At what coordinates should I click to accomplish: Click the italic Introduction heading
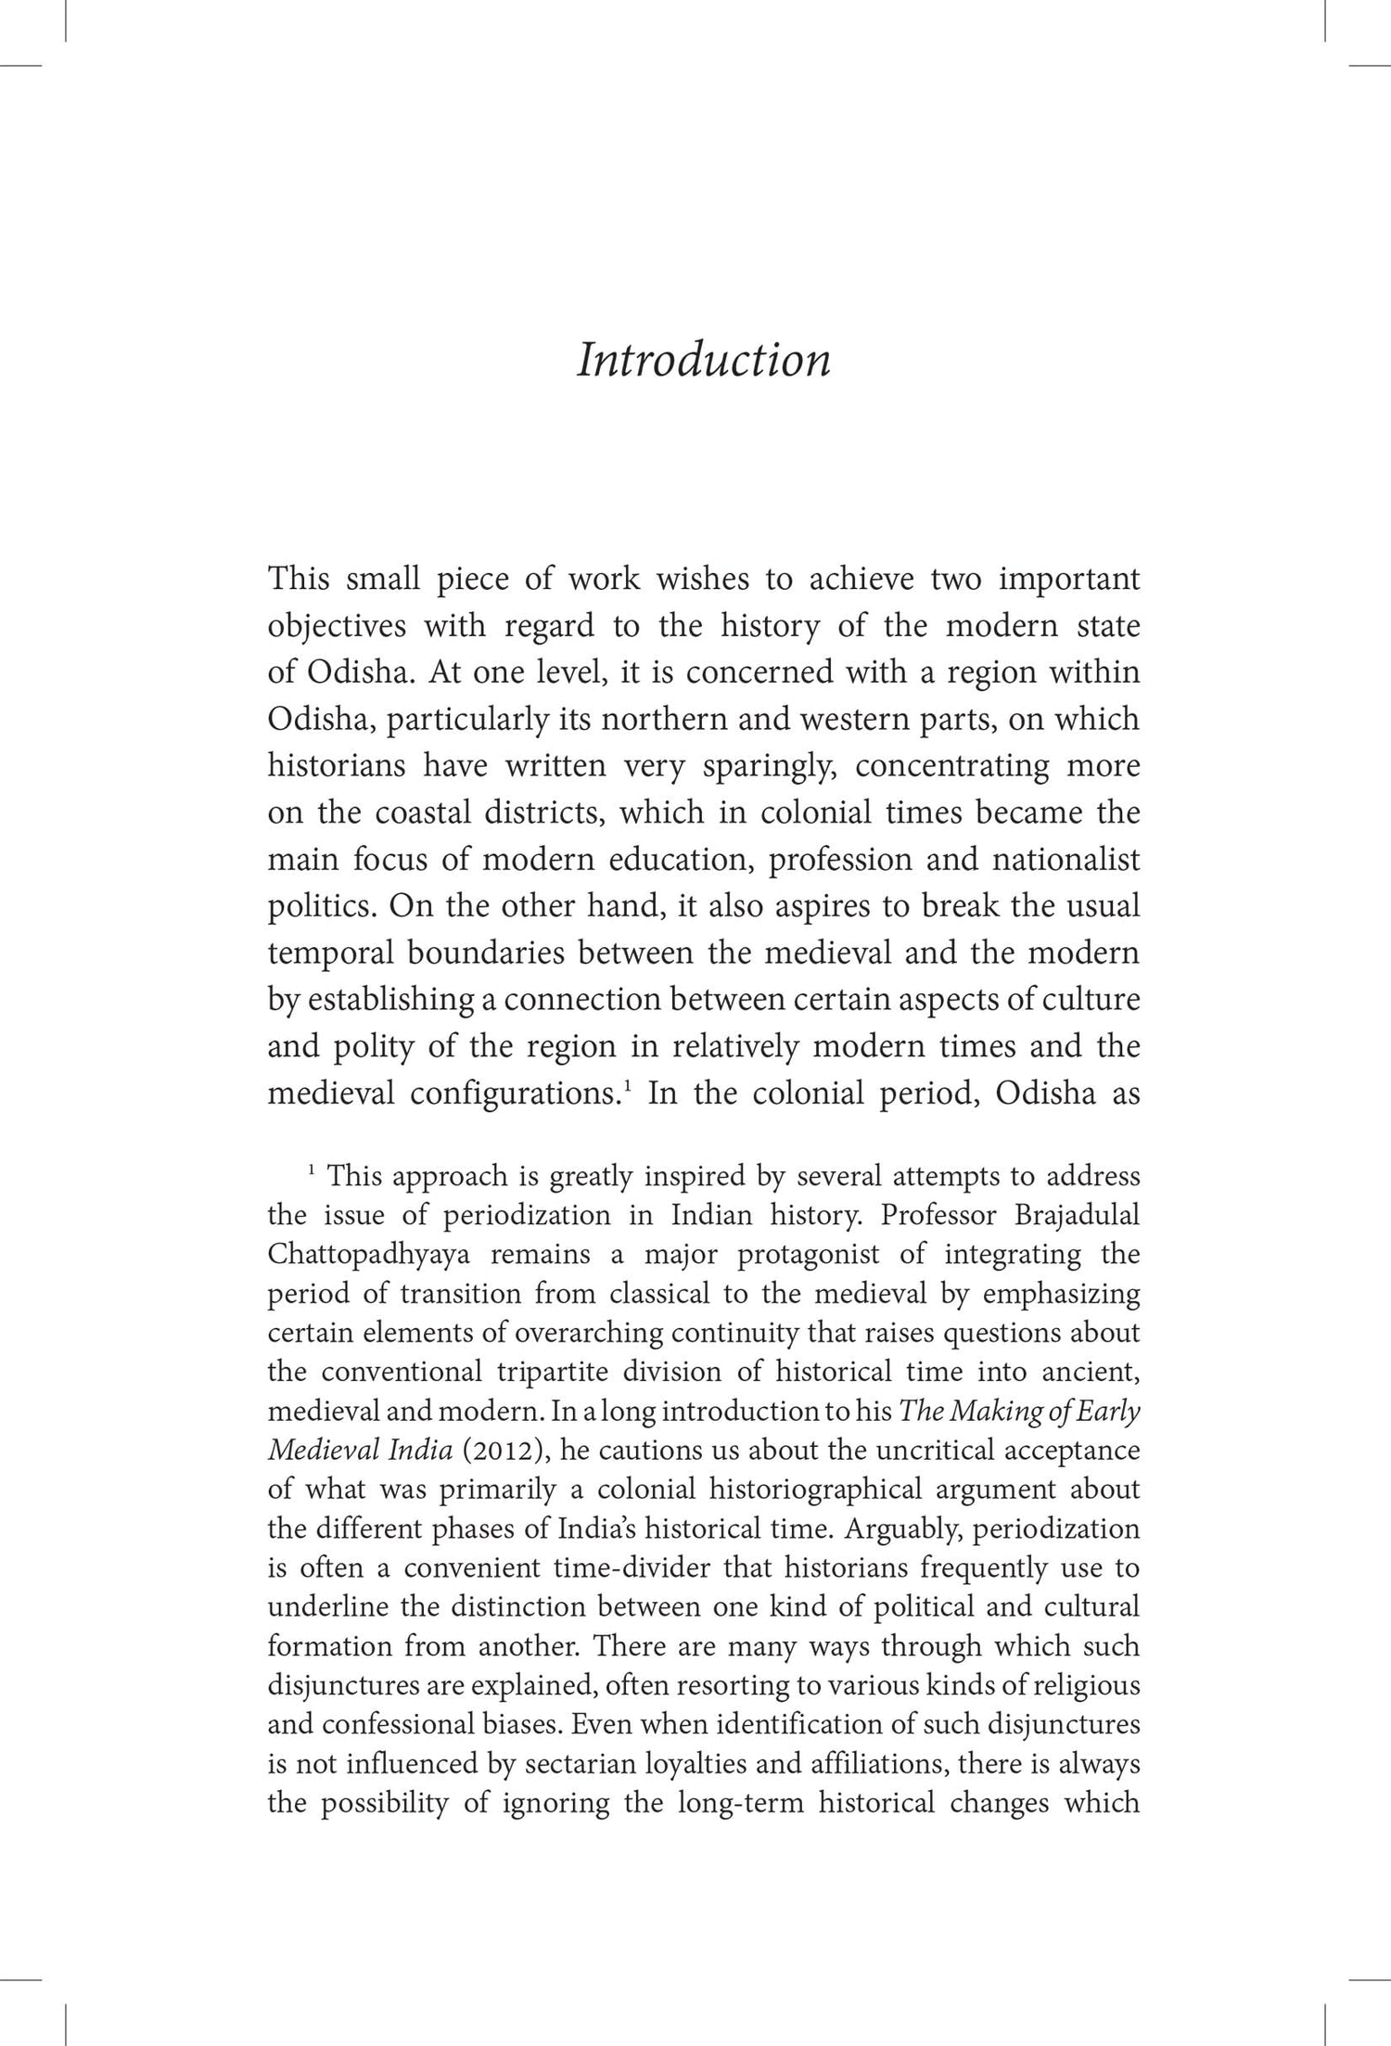tap(703, 360)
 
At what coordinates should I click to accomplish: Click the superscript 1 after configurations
tap(629, 1086)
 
